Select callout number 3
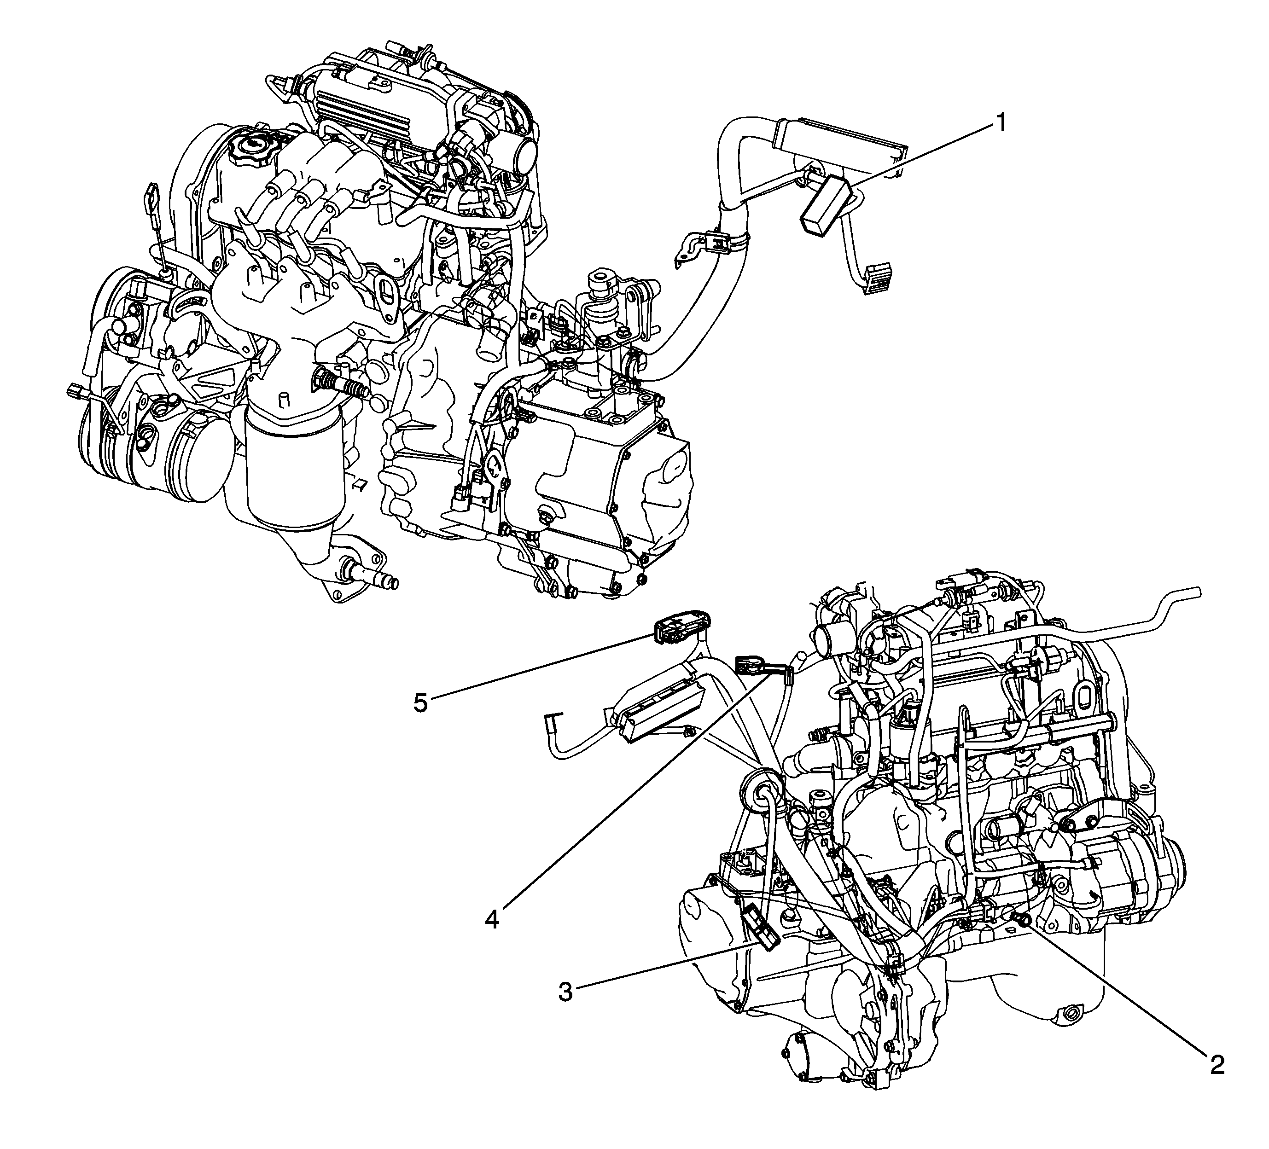click(566, 993)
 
